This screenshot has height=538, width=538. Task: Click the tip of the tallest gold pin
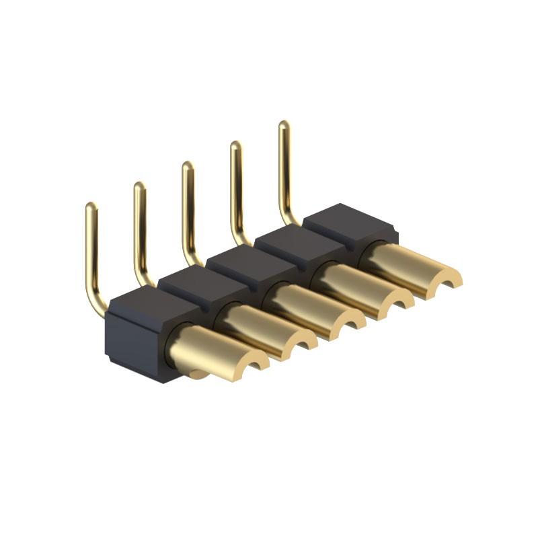tap(284, 125)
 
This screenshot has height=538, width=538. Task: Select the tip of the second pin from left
tap(139, 186)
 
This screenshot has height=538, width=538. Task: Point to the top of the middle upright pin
tap(188, 165)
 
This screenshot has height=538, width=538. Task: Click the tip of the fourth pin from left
tap(236, 145)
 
